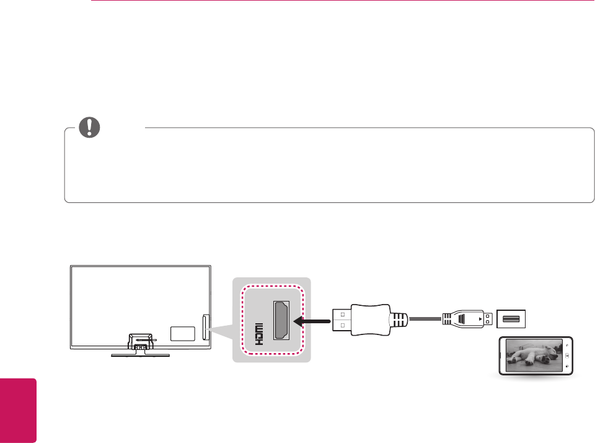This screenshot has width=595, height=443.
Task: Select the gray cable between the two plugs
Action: point(425,321)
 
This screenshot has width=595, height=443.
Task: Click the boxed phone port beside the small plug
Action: point(511,319)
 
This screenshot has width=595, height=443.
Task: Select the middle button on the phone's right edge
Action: point(567,356)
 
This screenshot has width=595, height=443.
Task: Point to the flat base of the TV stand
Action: point(140,356)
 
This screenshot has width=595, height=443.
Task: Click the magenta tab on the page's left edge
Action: point(18,409)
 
